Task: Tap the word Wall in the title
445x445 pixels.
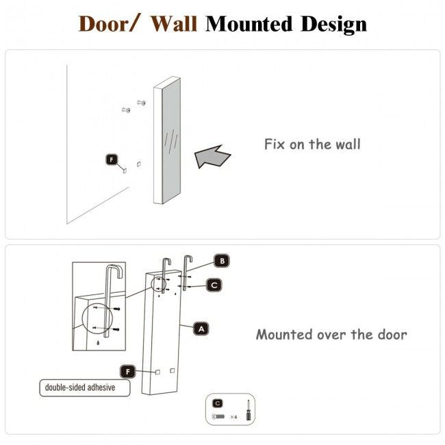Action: coord(174,24)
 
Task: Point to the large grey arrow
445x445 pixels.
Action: coord(213,155)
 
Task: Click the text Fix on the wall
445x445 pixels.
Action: coord(312,144)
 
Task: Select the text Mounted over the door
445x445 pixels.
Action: coord(331,335)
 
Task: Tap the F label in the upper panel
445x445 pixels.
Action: coord(112,160)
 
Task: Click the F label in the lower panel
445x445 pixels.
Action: coord(127,371)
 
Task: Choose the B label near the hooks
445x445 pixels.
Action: coord(220,261)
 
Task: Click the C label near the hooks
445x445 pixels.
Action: coord(214,285)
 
